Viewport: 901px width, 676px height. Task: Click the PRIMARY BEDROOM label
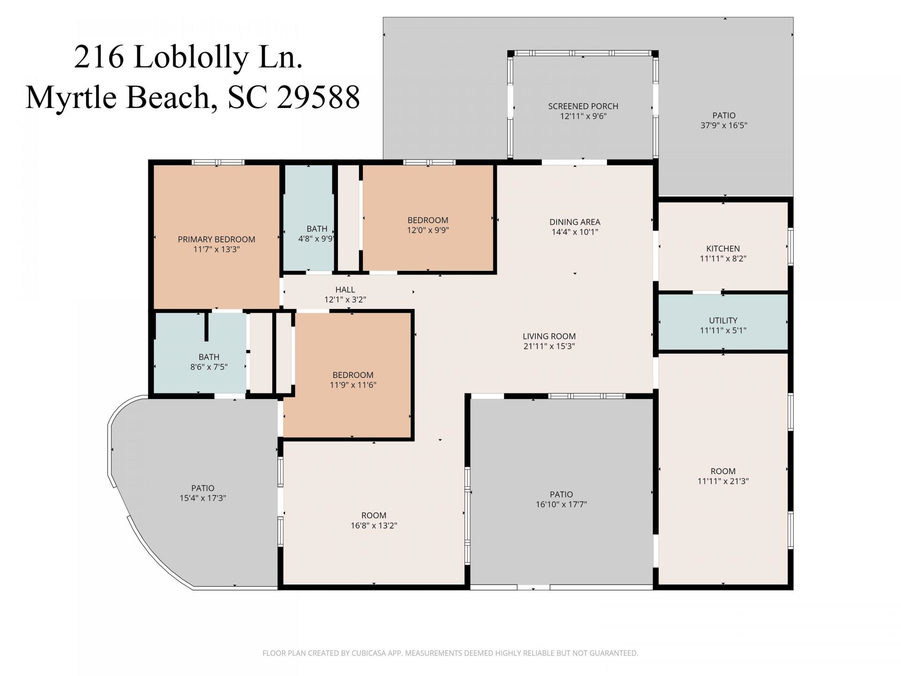(216, 239)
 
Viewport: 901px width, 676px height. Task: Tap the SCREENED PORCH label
(583, 106)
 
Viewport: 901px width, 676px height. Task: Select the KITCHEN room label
(723, 249)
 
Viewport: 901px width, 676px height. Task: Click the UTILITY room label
(723, 321)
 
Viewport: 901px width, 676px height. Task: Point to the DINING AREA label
(575, 222)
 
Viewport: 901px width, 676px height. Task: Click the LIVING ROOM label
(549, 336)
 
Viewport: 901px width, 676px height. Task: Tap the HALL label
(345, 290)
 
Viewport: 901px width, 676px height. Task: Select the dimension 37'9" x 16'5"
(724, 125)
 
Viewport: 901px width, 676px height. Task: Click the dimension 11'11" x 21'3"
(723, 481)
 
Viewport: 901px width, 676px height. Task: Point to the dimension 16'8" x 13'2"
(374, 525)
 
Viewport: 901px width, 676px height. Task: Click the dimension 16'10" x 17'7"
(561, 505)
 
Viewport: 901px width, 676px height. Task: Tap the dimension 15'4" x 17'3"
(203, 498)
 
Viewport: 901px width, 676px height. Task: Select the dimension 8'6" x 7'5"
(209, 367)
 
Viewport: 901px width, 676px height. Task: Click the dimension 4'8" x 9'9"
(317, 238)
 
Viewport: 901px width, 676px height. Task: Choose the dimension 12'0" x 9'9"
(428, 230)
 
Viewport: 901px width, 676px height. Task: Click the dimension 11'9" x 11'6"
(353, 385)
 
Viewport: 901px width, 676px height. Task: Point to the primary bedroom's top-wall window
(218, 162)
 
